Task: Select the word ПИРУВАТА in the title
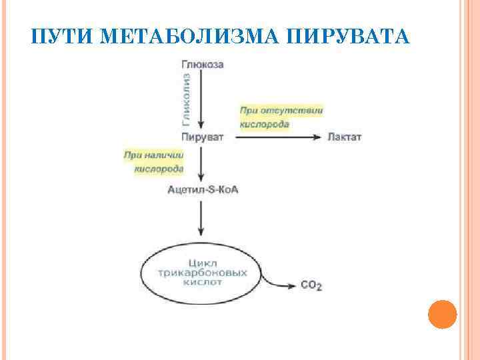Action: (x=347, y=37)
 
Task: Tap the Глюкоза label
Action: (x=202, y=65)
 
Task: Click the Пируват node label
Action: (x=202, y=137)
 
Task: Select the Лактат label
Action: (x=344, y=137)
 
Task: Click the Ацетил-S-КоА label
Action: (x=203, y=190)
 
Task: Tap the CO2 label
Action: (x=311, y=285)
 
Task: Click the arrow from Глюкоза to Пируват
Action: (x=201, y=100)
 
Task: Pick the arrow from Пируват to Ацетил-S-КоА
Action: (x=201, y=163)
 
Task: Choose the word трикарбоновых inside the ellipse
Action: (x=203, y=273)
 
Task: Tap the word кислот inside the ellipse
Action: (x=202, y=282)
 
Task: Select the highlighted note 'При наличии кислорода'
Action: (x=154, y=161)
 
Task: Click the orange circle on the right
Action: (x=441, y=313)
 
